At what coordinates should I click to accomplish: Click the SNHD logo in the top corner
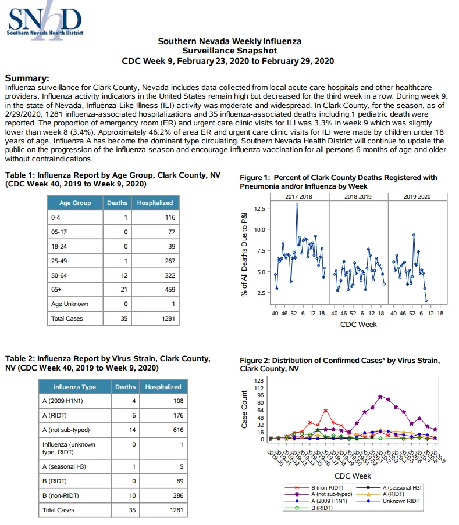coord(45,21)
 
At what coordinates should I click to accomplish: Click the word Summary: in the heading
coord(27,78)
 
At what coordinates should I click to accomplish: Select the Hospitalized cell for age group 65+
coord(155,289)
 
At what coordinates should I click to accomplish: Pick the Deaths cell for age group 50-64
coord(118,275)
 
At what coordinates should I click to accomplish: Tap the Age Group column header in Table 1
coord(75,203)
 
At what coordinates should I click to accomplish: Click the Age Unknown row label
coord(70,304)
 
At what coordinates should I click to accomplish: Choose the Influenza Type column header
coord(75,387)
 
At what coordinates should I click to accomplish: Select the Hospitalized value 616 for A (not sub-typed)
coord(178,430)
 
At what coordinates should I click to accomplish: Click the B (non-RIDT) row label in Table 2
coord(61,495)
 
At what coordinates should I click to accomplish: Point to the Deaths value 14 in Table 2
coord(133,430)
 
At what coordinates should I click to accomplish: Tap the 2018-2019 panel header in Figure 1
coord(358,197)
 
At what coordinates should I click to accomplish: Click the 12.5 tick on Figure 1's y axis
coord(259,208)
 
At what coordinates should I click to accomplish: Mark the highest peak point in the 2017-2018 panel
coord(297,205)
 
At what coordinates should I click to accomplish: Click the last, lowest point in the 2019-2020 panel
coord(426,301)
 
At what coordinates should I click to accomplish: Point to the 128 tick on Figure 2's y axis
coord(259,381)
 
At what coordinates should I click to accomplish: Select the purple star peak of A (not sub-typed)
coord(380,397)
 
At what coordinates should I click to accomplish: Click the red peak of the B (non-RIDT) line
coord(325,411)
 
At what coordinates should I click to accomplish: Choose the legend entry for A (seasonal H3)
coord(389,487)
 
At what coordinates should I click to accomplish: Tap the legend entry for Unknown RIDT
coord(388,501)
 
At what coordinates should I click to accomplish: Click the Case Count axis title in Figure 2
coord(244,409)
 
